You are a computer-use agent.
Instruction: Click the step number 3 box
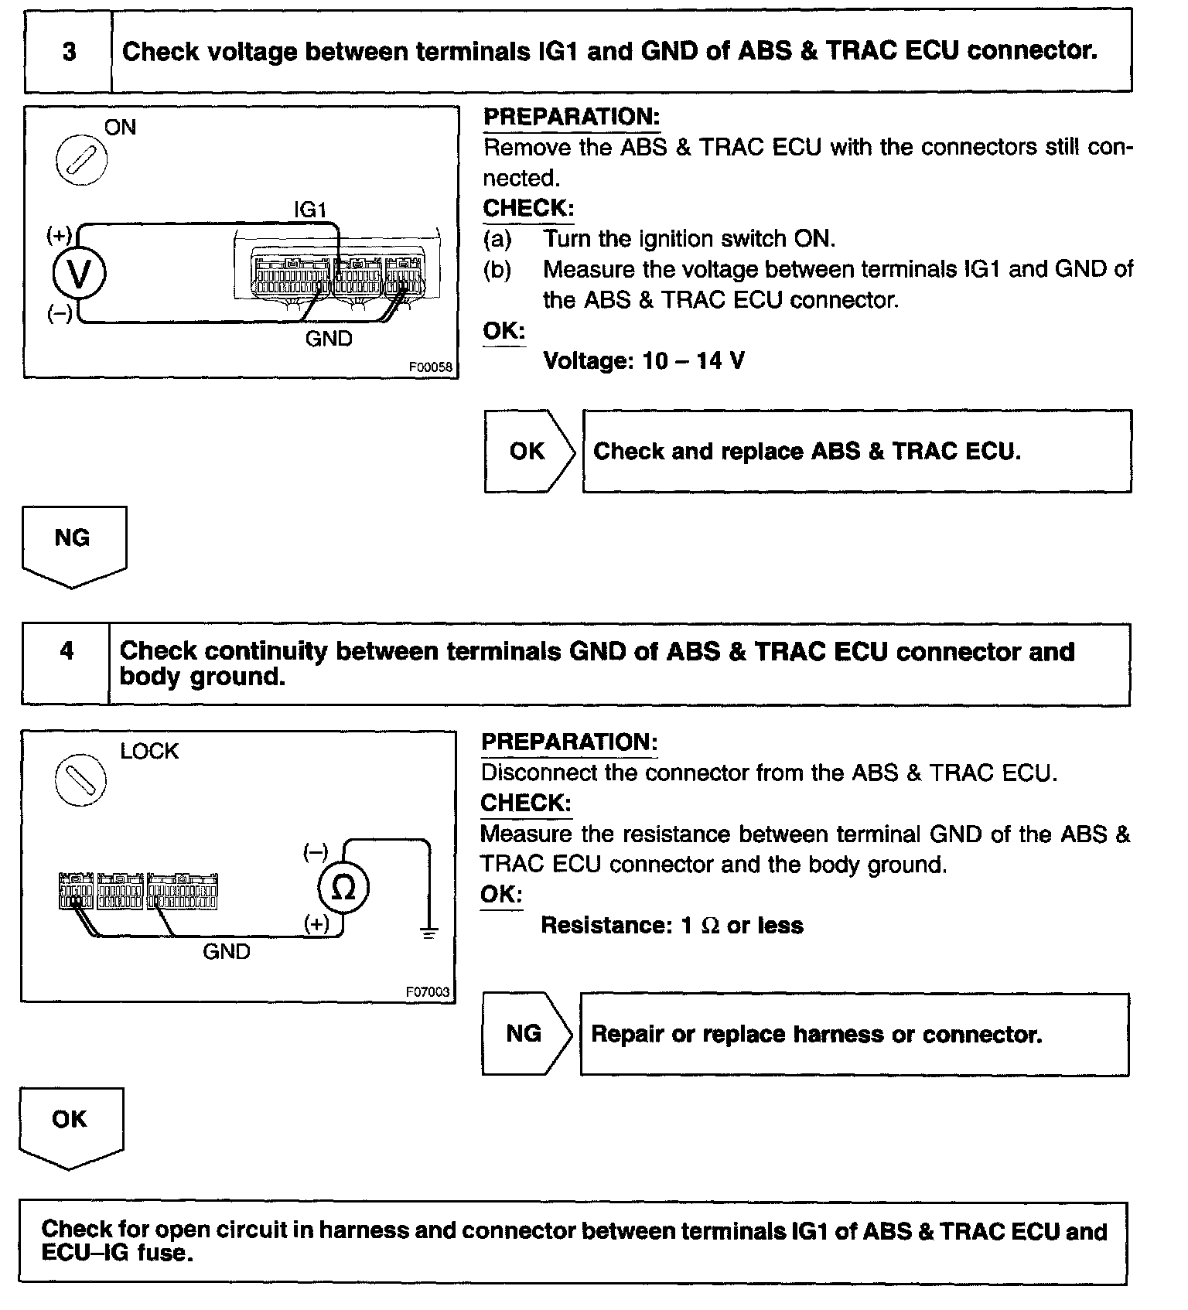tap(69, 52)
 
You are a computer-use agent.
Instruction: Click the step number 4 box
tap(67, 651)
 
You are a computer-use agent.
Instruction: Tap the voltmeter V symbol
tap(78, 273)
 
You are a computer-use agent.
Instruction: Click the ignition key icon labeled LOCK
tap(81, 779)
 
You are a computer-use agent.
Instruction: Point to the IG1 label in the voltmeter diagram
tap(310, 209)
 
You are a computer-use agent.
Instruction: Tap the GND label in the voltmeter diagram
tap(329, 339)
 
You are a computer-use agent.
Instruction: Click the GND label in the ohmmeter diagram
tap(227, 951)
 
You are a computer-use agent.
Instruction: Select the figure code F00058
tap(431, 367)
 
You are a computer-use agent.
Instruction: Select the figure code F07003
tap(428, 991)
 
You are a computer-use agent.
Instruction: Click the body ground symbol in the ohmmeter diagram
tap(429, 932)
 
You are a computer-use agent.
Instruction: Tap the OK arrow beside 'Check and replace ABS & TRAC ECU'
tap(529, 452)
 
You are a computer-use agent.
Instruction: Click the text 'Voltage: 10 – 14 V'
tap(643, 360)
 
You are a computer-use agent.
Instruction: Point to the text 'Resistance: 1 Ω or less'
tap(671, 926)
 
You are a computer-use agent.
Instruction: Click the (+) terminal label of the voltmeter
tap(60, 234)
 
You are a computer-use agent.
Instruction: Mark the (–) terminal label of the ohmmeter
tap(316, 853)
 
